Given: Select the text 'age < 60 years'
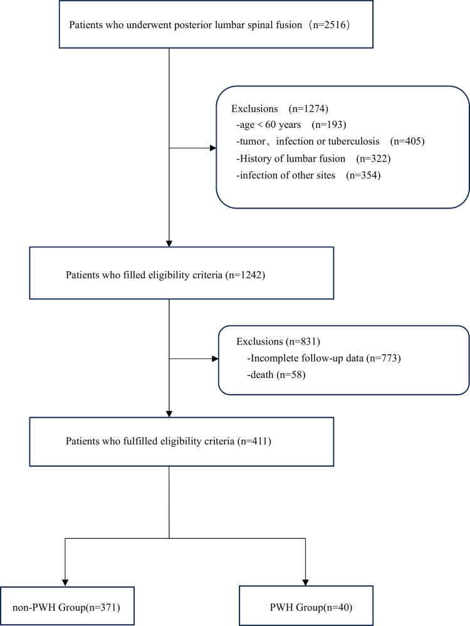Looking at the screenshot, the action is pyautogui.click(x=270, y=125).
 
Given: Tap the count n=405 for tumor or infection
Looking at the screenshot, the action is pyautogui.click(x=407, y=142).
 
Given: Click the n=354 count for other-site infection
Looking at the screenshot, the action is pyautogui.click(x=363, y=175).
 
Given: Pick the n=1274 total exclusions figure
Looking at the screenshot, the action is pyautogui.click(x=308, y=108).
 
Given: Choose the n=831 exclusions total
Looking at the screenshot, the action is pyautogui.click(x=303, y=342).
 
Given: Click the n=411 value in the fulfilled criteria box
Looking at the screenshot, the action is pyautogui.click(x=254, y=441).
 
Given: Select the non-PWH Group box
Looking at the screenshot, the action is pyautogui.click(x=67, y=606).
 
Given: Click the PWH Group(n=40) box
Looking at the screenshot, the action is pyautogui.click(x=306, y=606).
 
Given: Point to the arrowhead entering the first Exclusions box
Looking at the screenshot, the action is pyautogui.click(x=213, y=148).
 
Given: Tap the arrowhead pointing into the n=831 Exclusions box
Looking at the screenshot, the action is pyautogui.click(x=215, y=358).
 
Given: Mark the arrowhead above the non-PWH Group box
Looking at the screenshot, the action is pyautogui.click(x=65, y=583).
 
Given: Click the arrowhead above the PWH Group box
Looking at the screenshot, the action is pyautogui.click(x=305, y=583).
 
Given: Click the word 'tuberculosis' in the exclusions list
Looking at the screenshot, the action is pyautogui.click(x=354, y=142).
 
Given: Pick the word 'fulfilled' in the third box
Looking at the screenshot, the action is pyautogui.click(x=142, y=441).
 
